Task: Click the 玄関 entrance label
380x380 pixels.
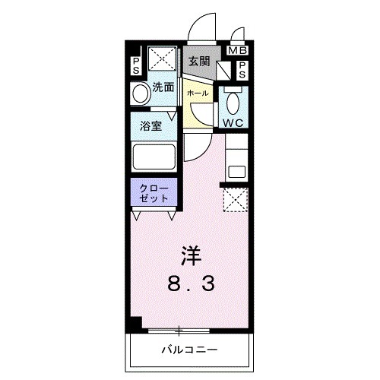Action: pyautogui.click(x=199, y=62)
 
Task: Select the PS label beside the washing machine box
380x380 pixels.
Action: pyautogui.click(x=136, y=65)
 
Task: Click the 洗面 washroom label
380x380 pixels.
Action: pyautogui.click(x=163, y=87)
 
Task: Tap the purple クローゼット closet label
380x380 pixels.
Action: pyautogui.click(x=154, y=191)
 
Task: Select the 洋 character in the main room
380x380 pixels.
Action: pyautogui.click(x=191, y=253)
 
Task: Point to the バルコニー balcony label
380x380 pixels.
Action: pyautogui.click(x=190, y=350)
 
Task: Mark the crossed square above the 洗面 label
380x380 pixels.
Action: pyautogui.click(x=163, y=59)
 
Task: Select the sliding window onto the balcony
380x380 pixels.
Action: pyautogui.click(x=179, y=331)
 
